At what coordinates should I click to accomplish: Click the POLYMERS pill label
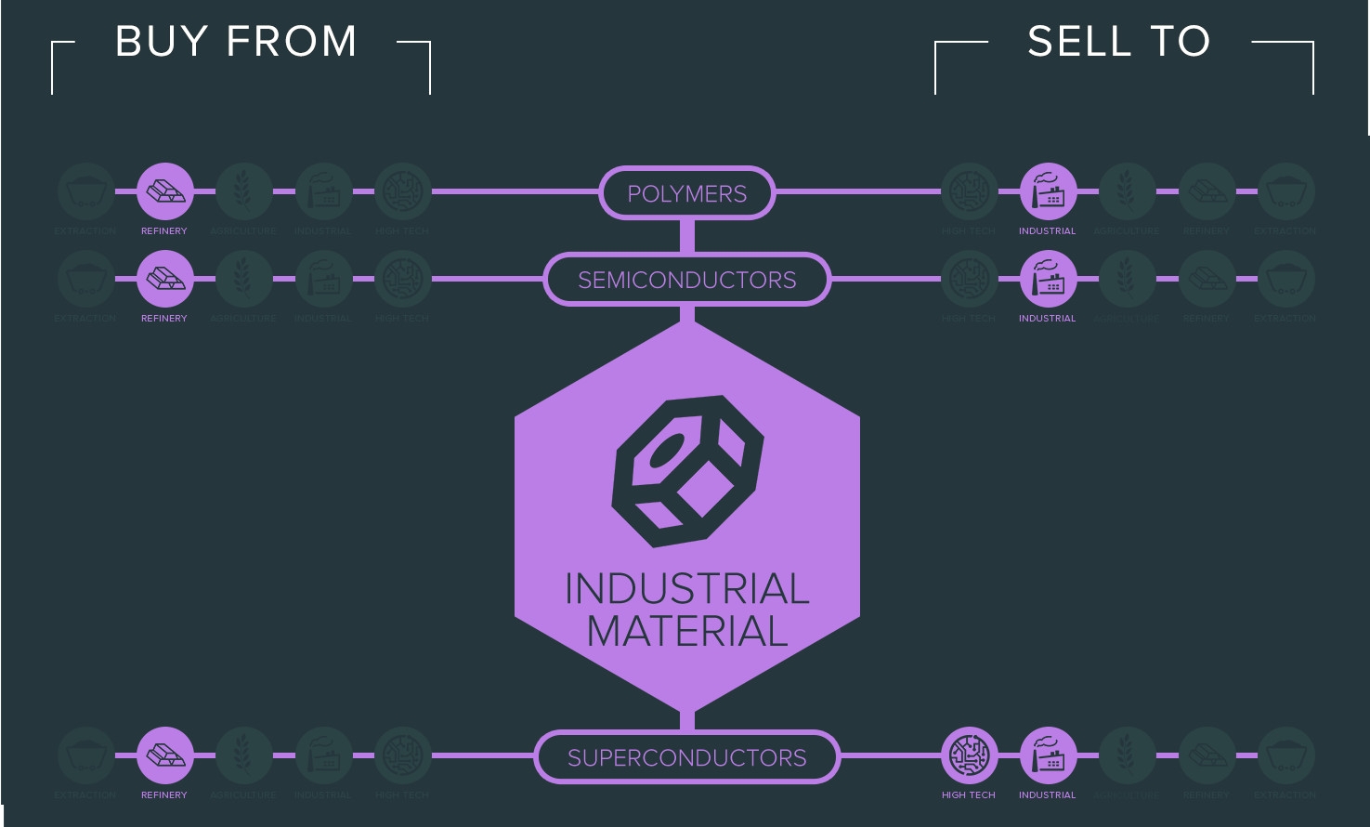click(686, 193)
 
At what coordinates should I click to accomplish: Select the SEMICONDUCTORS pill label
click(686, 280)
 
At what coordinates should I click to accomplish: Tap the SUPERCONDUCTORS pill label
click(686, 757)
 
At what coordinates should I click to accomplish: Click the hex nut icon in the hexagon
click(687, 472)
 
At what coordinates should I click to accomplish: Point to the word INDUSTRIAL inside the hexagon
click(687, 589)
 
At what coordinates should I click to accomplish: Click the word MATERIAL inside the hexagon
click(687, 632)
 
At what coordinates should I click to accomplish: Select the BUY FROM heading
click(236, 42)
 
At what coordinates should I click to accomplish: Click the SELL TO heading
click(1118, 42)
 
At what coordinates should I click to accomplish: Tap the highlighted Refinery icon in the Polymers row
click(165, 191)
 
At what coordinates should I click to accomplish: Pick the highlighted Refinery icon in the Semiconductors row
click(165, 279)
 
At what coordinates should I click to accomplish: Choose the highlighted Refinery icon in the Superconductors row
click(165, 755)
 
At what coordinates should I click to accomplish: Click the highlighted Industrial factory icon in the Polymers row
click(1049, 191)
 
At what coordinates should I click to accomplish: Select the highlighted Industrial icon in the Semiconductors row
click(1049, 279)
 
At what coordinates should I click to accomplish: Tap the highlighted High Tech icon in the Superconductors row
click(970, 755)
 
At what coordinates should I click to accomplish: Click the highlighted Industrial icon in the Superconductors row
click(1049, 755)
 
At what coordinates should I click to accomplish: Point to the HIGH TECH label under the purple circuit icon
click(968, 795)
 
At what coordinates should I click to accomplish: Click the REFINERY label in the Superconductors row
click(164, 795)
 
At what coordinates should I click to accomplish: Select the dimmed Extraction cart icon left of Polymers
click(85, 191)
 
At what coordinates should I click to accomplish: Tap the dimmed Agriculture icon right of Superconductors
click(1128, 755)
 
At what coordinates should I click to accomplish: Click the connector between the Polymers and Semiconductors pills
click(687, 236)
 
